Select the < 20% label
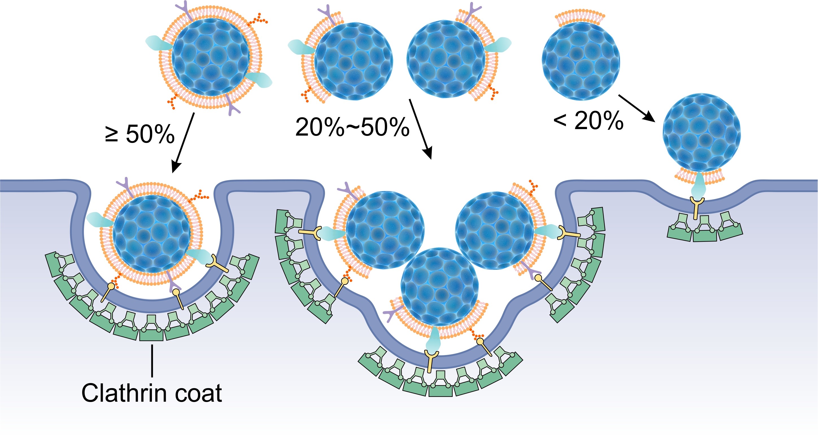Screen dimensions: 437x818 [x=588, y=121]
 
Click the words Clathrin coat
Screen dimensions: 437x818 [x=152, y=393]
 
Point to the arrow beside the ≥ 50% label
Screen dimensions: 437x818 [x=183, y=143]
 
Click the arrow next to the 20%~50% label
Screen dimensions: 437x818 [x=420, y=129]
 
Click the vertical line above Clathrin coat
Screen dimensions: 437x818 [x=152, y=361]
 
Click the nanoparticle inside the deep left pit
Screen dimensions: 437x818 [x=151, y=234]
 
